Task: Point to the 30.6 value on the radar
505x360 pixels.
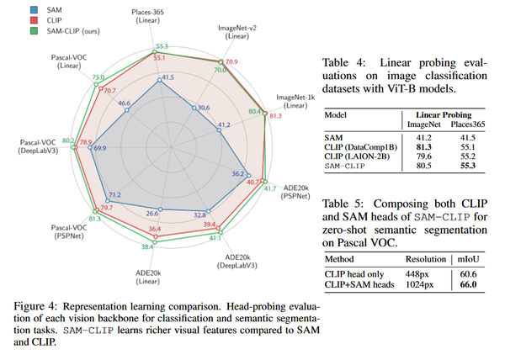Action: [x=203, y=109]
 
